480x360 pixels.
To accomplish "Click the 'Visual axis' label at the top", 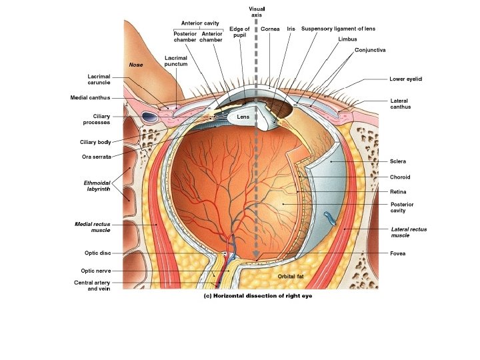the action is [x=257, y=11].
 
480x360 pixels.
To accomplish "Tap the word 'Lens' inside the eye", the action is [x=243, y=117].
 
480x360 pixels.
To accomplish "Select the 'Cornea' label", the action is [x=270, y=29].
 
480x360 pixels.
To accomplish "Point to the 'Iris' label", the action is [x=291, y=29].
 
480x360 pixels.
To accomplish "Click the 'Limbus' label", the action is [x=347, y=39].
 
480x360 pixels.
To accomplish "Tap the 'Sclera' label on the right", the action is [x=398, y=161].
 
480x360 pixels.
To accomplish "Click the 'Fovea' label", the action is [x=398, y=253].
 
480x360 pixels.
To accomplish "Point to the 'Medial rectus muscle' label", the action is [x=92, y=227].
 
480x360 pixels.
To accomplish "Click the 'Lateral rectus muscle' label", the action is [x=409, y=232].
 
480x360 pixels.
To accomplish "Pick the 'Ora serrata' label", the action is [x=97, y=157].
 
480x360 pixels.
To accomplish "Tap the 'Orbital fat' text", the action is [x=290, y=275].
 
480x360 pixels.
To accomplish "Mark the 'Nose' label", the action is [x=136, y=65].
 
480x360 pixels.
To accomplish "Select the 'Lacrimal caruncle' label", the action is [x=98, y=79].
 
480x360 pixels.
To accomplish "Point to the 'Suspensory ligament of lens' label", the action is [x=338, y=29].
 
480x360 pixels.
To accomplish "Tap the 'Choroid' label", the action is [x=400, y=177].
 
